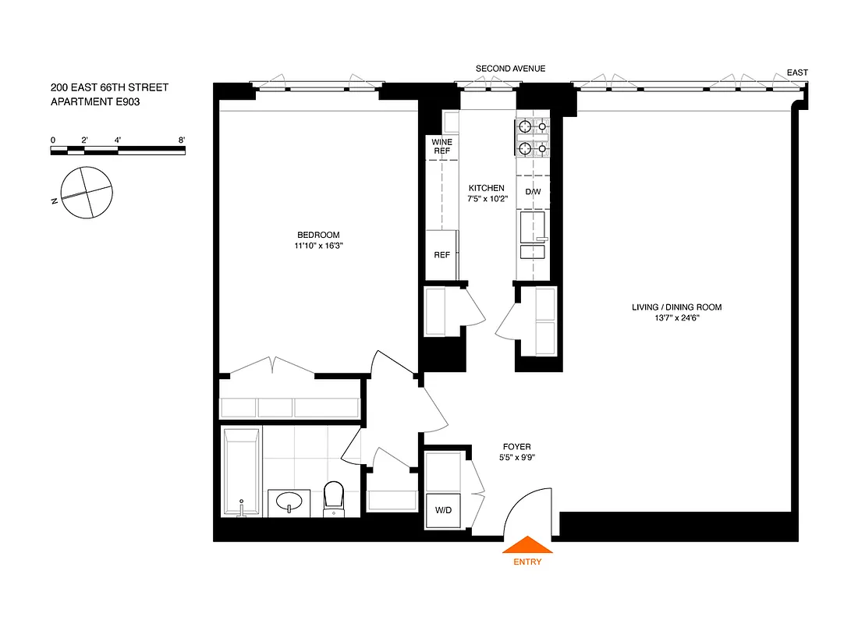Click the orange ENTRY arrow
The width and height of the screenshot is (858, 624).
tap(527, 544)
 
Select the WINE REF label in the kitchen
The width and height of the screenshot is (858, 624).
tap(441, 146)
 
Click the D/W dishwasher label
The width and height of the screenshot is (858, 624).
tap(533, 191)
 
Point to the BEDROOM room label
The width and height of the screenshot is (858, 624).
tap(318, 235)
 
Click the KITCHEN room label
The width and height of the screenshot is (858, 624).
tap(486, 188)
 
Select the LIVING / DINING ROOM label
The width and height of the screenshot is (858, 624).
tap(676, 307)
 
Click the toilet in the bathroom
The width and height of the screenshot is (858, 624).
tap(334, 497)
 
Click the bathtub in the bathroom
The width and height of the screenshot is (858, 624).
tap(241, 471)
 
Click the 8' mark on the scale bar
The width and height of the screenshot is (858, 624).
tap(182, 140)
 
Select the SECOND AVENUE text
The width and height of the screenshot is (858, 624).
tap(510, 69)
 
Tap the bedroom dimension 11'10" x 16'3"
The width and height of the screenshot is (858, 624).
tap(318, 246)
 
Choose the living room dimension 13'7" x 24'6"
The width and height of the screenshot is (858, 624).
tap(676, 318)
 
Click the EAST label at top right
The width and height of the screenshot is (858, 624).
tap(797, 73)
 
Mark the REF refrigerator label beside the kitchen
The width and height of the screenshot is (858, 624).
tap(441, 254)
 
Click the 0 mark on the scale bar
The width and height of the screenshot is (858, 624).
tap(53, 140)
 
